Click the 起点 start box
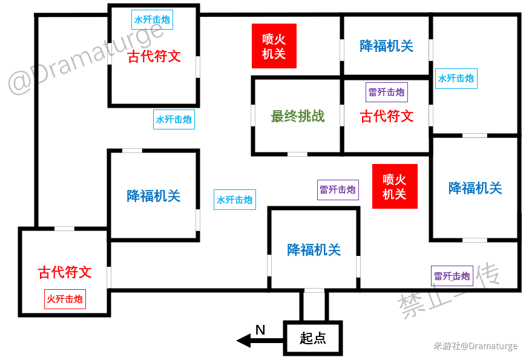(313, 338)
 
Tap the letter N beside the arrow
(260, 330)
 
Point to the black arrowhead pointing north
(244, 341)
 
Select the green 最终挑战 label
(298, 116)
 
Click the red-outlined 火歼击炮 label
(65, 299)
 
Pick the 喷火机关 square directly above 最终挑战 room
(274, 46)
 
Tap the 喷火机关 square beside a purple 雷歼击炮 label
(395, 186)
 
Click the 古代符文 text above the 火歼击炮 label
(65, 272)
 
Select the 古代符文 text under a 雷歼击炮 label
(387, 116)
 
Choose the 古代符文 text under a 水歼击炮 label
(154, 56)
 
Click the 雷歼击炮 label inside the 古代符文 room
(387, 92)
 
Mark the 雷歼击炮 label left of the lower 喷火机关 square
(338, 190)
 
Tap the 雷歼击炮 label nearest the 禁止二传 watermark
(452, 276)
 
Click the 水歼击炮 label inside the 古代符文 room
(153, 20)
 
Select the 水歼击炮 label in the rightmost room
(456, 79)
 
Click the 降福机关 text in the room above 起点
(314, 250)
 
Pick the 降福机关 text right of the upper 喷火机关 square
(387, 46)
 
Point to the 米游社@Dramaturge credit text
(475, 346)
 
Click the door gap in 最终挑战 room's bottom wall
(298, 154)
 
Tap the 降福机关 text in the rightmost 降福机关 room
(475, 188)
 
